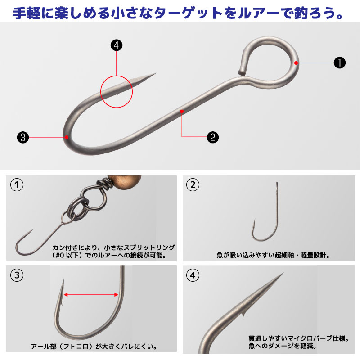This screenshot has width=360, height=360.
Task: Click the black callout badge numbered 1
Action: tap(339, 63)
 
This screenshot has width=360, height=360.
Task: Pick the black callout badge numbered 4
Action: tap(117, 45)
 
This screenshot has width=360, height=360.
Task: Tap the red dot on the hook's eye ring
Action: tap(297, 63)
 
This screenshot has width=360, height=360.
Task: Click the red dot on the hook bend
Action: tap(66, 137)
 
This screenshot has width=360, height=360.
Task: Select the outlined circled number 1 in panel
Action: tap(17, 185)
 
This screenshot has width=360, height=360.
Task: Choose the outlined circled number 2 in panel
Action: tap(193, 185)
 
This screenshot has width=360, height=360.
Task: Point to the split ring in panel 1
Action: tap(75, 208)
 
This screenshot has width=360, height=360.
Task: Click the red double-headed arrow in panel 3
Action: tap(91, 295)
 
